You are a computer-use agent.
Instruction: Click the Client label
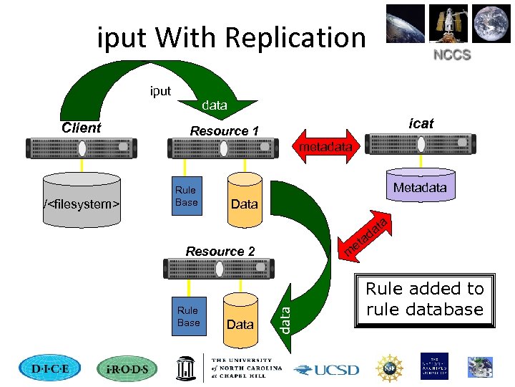pyautogui.click(x=82, y=128)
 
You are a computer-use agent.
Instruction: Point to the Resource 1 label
pyautogui.click(x=224, y=130)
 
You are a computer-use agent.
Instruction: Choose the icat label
pyautogui.click(x=421, y=123)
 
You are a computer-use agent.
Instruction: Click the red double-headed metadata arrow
pyautogui.click(x=325, y=146)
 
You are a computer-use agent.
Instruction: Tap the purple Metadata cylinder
pyautogui.click(x=420, y=188)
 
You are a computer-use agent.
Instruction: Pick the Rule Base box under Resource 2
pyautogui.click(x=188, y=316)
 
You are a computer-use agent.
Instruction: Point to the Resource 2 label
pyautogui.click(x=220, y=251)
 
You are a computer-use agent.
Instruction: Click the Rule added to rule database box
pyautogui.click(x=425, y=300)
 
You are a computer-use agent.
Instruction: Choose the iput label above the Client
pyautogui.click(x=160, y=91)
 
